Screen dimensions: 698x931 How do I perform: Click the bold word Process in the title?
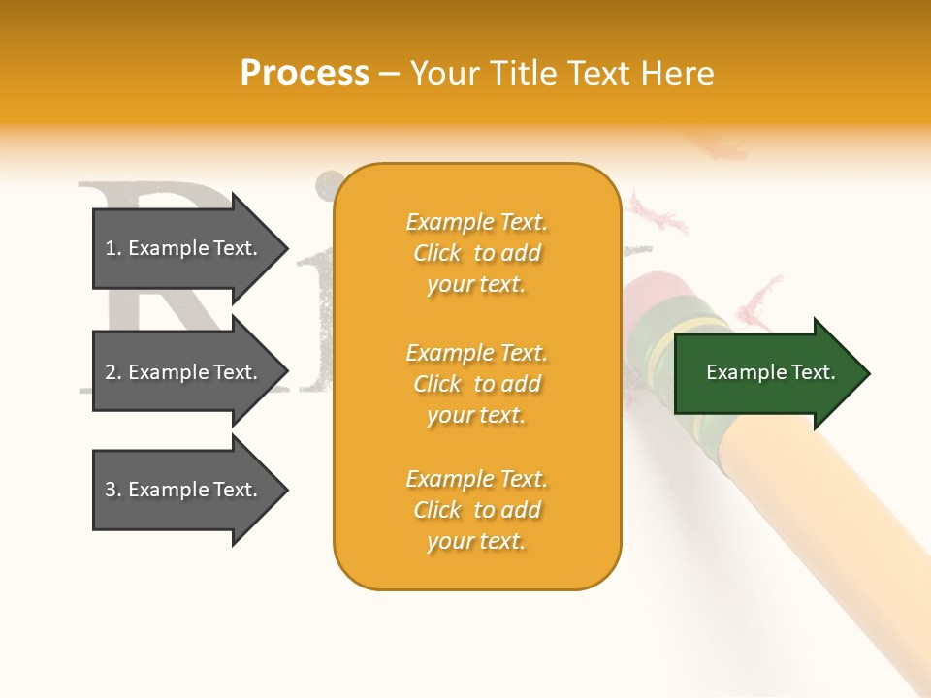(305, 74)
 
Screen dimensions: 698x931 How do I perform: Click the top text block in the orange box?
(476, 253)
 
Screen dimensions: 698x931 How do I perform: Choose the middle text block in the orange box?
(476, 384)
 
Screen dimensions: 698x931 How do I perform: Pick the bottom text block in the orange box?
(476, 510)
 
